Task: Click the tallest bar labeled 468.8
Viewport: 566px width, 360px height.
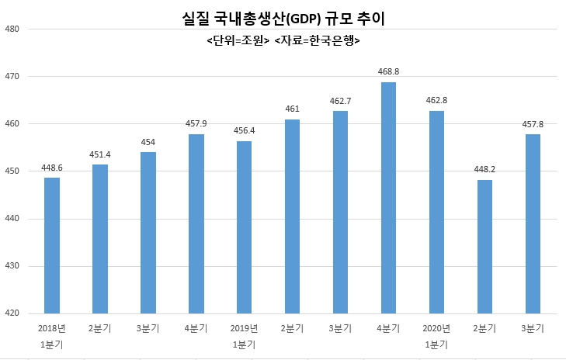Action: [388, 198]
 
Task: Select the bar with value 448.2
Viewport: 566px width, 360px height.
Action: [484, 247]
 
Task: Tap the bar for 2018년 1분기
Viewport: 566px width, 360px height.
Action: [52, 246]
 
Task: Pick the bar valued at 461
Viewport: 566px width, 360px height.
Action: [292, 216]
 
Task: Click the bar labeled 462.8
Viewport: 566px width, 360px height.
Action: [436, 212]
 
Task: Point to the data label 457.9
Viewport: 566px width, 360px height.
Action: [196, 123]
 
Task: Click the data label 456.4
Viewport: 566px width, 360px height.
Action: [244, 130]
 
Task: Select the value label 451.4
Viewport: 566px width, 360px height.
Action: [100, 154]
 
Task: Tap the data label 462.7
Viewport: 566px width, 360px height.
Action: [340, 102]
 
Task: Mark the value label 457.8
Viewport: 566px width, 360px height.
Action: [533, 124]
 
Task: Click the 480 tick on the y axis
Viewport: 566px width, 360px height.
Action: [12, 29]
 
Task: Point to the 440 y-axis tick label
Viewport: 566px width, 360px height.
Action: [12, 219]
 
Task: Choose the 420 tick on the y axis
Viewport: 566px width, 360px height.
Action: [12, 313]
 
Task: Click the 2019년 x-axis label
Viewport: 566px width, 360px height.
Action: [244, 328]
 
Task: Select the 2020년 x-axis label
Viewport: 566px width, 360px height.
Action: [436, 328]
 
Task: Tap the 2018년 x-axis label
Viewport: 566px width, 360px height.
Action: [52, 328]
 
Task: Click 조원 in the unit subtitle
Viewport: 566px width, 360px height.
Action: [252, 40]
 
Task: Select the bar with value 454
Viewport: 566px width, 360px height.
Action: [148, 233]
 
